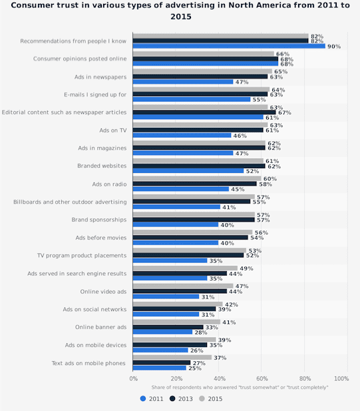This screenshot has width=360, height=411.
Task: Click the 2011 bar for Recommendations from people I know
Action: point(229,46)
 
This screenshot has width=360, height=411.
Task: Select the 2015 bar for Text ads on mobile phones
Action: point(172,357)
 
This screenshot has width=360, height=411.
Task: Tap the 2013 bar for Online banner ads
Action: point(168,327)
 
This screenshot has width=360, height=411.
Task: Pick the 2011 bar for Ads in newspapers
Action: point(183,82)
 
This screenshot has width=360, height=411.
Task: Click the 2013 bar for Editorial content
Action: point(204,112)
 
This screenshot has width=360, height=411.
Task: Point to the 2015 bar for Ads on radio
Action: point(197,178)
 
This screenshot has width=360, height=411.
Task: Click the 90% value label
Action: point(334,47)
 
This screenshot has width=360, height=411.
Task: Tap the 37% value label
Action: point(220,358)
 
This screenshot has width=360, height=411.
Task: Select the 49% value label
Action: point(246,269)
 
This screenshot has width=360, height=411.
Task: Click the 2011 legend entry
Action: point(152,398)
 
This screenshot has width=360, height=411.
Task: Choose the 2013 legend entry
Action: point(181,398)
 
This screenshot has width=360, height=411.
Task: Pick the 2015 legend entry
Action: point(211,398)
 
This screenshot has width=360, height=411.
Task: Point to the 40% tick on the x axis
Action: point(220,378)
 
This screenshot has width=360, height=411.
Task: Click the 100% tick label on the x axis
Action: point(341,378)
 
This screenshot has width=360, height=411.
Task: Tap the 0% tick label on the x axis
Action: point(134,378)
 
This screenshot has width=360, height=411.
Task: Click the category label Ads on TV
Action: point(112,130)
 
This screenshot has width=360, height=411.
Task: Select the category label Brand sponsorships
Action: point(99,219)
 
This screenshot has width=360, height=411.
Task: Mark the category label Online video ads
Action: point(103,291)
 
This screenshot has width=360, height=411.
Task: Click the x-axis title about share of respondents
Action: point(240,387)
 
